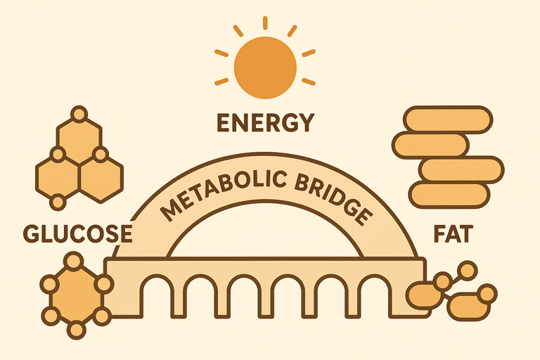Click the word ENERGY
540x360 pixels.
pos(264,123)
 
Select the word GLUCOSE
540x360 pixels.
pos(77,233)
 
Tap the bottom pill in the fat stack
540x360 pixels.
pos(449,195)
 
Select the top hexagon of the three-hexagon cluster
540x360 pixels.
pos(79,138)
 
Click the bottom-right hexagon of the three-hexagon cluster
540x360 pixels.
pos(101,176)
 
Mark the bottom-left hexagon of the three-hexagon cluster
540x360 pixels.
pos(58,176)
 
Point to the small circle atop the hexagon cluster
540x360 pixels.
pos(79,113)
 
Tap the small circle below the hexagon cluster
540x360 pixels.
pos(58,202)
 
